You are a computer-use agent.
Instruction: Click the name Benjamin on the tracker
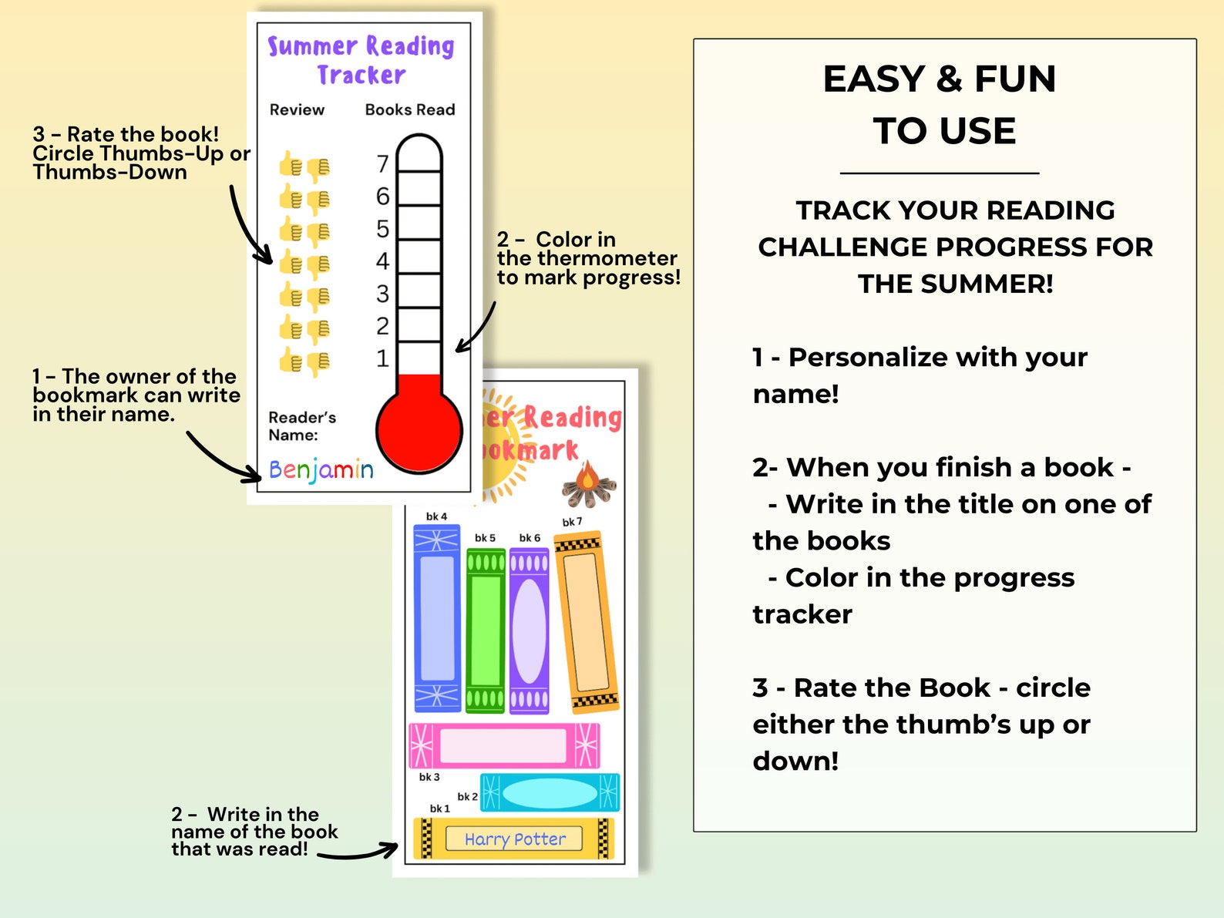click(x=321, y=469)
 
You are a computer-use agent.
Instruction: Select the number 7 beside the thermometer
click(x=382, y=164)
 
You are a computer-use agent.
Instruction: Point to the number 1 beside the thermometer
click(x=382, y=358)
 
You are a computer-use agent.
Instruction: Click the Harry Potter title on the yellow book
click(x=515, y=839)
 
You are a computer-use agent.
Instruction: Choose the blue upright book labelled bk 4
click(x=437, y=617)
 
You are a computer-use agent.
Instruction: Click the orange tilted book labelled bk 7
click(x=588, y=621)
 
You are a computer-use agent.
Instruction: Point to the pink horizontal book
click(x=504, y=745)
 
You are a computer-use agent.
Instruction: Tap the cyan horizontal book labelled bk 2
click(x=550, y=792)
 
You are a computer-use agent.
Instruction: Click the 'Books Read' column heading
click(x=410, y=109)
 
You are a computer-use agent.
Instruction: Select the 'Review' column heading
click(x=297, y=109)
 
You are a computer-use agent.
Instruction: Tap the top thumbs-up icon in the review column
click(x=291, y=164)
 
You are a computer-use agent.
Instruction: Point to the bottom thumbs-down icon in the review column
click(x=318, y=362)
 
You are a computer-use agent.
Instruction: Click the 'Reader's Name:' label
click(x=301, y=425)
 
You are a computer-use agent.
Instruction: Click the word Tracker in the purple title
click(x=361, y=75)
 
